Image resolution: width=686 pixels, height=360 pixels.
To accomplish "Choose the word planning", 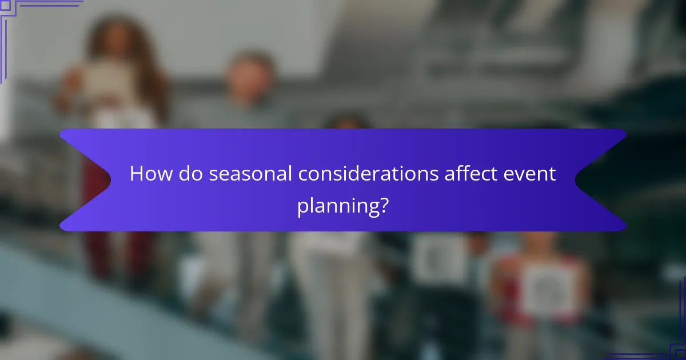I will click(x=336, y=206).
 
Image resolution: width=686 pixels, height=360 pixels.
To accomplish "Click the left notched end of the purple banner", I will click(x=80, y=180).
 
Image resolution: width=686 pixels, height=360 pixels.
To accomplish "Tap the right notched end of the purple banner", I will click(x=606, y=180).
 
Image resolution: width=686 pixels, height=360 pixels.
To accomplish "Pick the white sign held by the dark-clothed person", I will click(x=440, y=257).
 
